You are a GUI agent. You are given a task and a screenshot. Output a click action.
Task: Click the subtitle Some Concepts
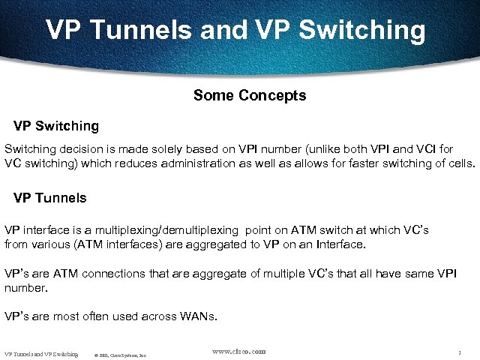(x=249, y=95)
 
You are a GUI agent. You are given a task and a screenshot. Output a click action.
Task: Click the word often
(x=100, y=316)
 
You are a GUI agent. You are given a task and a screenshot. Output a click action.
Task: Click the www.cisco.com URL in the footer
(x=239, y=351)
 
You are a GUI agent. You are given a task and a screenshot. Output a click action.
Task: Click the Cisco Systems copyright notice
(x=121, y=354)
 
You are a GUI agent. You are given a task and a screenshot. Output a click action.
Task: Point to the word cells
(x=460, y=163)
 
